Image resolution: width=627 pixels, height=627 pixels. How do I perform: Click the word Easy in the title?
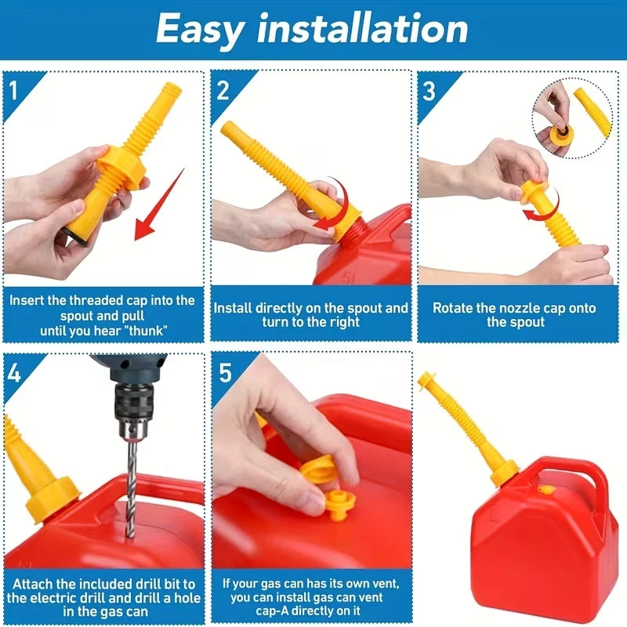coord(199,29)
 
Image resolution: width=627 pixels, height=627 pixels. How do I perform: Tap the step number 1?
coord(13,91)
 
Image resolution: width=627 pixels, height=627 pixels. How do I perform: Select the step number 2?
coord(223,90)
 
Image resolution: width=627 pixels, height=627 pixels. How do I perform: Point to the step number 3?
coord(429,91)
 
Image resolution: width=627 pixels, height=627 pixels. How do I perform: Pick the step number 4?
coord(13,373)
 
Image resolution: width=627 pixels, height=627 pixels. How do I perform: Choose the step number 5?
coord(225,373)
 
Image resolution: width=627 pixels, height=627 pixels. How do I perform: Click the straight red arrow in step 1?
coord(159,205)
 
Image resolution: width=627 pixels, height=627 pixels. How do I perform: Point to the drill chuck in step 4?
coord(131,404)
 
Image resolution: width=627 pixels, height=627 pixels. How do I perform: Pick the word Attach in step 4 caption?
coord(32,584)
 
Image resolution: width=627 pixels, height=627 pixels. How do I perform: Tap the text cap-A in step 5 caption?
coord(272,611)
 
